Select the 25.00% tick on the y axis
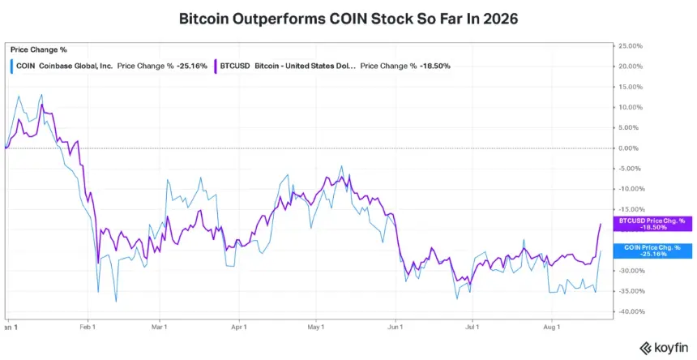631,45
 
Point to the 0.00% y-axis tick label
631,148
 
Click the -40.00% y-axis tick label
631,311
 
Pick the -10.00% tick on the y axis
631,189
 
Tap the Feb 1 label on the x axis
88,328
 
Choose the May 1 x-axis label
316,328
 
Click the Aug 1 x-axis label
552,328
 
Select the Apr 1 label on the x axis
239,328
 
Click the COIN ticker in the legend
26,66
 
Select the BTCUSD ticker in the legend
235,66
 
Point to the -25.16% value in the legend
191,66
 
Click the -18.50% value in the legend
434,66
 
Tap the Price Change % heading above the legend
39,49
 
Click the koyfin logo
664,348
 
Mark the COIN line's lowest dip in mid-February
116,302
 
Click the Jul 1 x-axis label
472,328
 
